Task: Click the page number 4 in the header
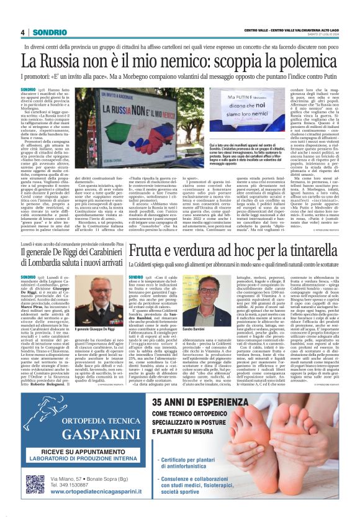tap(22, 32)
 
